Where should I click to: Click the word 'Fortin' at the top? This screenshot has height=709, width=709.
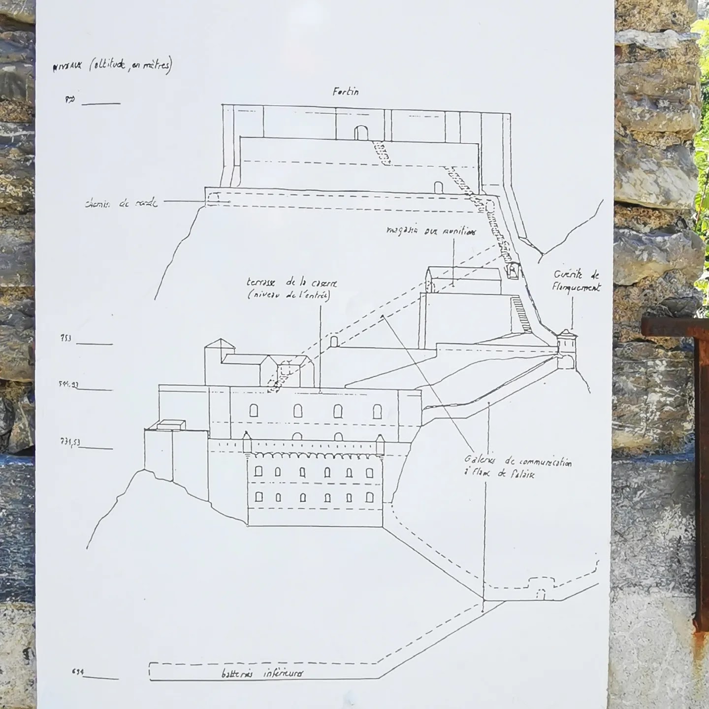pyautogui.click(x=345, y=92)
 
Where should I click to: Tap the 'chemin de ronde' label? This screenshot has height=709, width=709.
pyautogui.click(x=121, y=203)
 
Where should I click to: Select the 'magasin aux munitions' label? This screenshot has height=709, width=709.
pyautogui.click(x=431, y=230)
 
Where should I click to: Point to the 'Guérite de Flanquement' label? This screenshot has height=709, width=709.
pyautogui.click(x=576, y=281)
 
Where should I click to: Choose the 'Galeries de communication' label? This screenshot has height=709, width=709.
pyautogui.click(x=517, y=467)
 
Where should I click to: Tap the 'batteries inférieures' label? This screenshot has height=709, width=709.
pyautogui.click(x=262, y=674)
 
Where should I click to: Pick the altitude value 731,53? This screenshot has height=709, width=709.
pyautogui.click(x=69, y=442)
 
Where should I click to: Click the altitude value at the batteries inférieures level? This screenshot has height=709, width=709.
pyautogui.click(x=77, y=672)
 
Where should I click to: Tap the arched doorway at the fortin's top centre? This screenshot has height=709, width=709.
pyautogui.click(x=361, y=132)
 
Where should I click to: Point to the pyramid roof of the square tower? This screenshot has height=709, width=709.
pyautogui.click(x=220, y=344)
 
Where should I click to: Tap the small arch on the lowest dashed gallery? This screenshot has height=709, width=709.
pyautogui.click(x=541, y=594)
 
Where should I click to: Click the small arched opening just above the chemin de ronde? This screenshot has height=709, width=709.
pyautogui.click(x=438, y=187)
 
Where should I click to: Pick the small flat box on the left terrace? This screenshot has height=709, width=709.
pyautogui.click(x=170, y=424)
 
